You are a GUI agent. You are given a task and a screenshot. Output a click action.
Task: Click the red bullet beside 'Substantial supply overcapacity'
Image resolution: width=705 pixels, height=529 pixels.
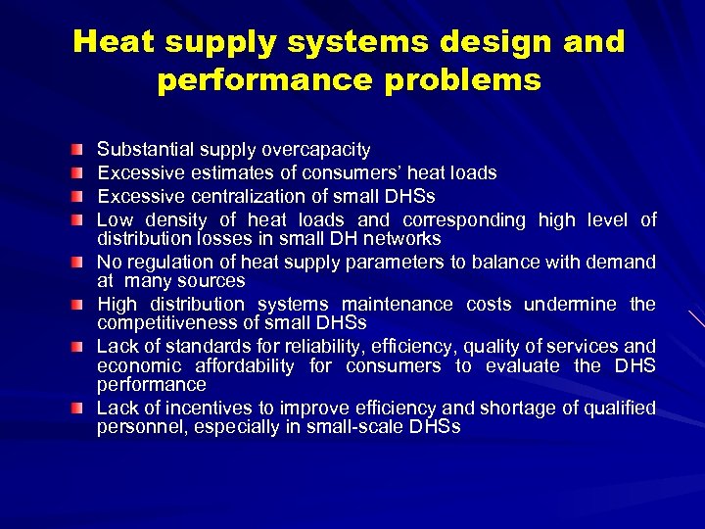pos(77,150)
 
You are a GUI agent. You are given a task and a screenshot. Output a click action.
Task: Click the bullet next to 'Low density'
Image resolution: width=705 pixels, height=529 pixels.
pos(77,219)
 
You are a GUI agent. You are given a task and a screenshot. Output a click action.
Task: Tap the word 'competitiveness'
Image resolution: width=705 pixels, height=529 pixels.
pos(165,322)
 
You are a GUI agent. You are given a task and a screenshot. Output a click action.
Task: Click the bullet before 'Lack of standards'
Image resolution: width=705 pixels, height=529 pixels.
pos(77,346)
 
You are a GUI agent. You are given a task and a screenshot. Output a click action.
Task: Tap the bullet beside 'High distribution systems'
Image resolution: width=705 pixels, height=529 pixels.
pos(77,304)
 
